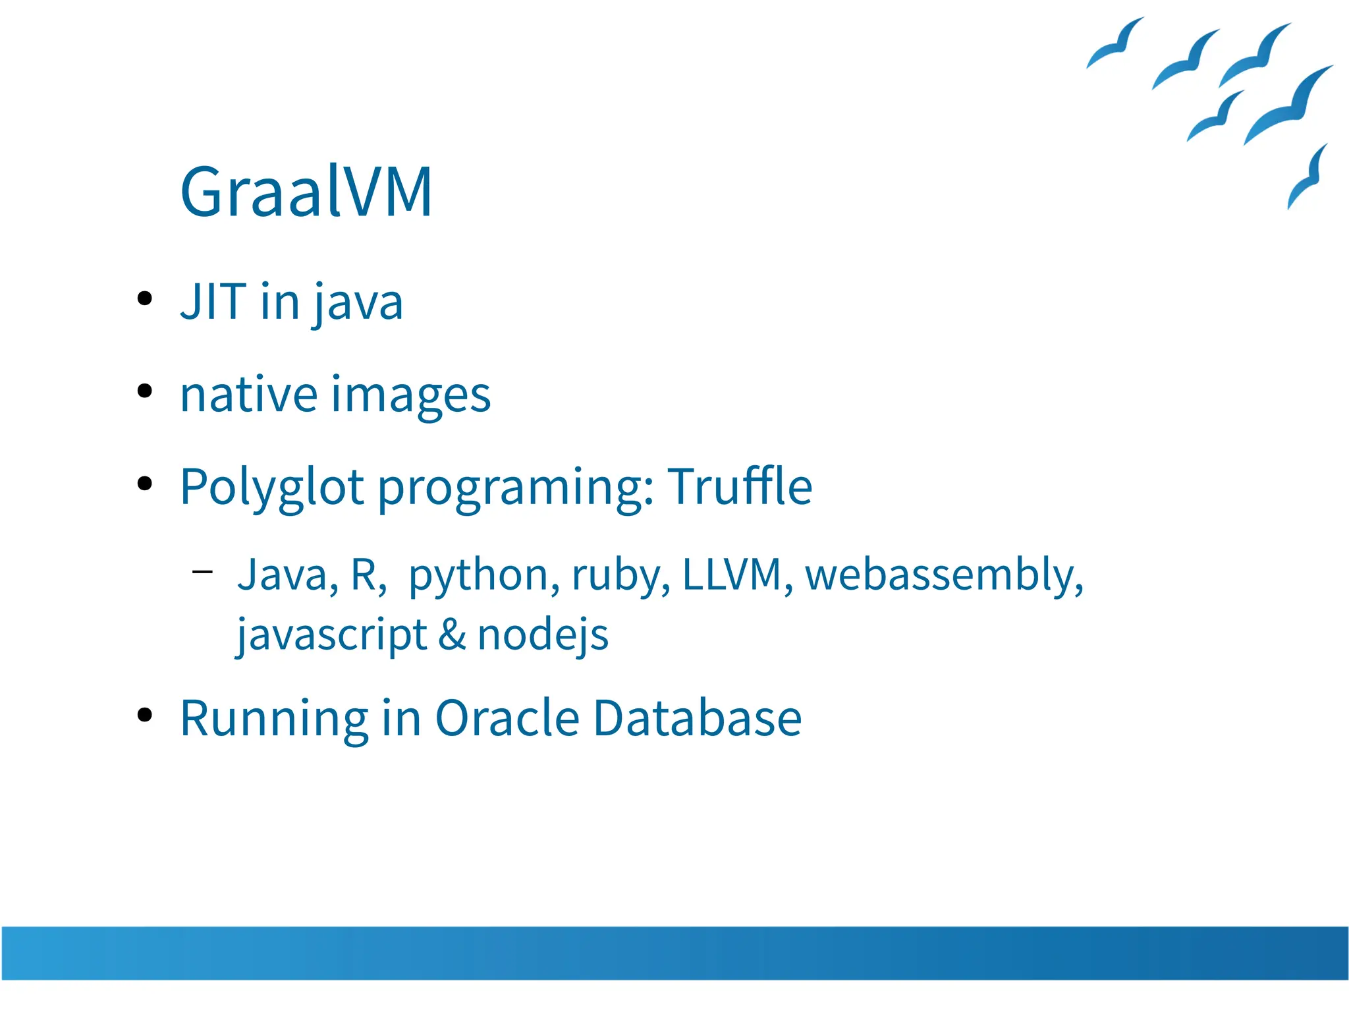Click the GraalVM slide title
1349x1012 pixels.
pyautogui.click(x=306, y=192)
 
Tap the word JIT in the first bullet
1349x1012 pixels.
pyautogui.click(x=213, y=302)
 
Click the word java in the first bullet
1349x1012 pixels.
pyautogui.click(x=358, y=303)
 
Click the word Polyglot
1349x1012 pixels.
pyautogui.click(x=272, y=488)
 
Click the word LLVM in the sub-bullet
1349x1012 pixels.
pyautogui.click(x=732, y=574)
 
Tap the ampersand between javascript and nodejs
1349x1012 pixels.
pyautogui.click(x=452, y=634)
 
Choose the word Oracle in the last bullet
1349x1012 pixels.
pyautogui.click(x=507, y=717)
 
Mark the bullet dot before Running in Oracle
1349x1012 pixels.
pyautogui.click(x=145, y=715)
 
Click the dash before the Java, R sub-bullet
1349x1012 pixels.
pyautogui.click(x=202, y=571)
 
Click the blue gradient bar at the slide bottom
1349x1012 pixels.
pyautogui.click(x=674, y=953)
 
